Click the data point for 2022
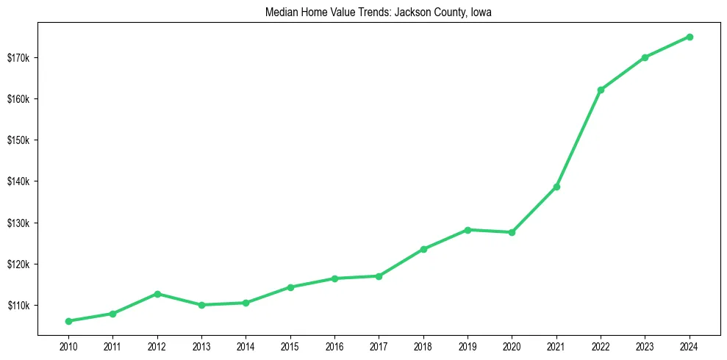[601, 90]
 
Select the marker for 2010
[68, 321]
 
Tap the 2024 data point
[690, 37]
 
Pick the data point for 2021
[556, 187]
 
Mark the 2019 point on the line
[468, 230]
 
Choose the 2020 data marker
[512, 232]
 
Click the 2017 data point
[379, 276]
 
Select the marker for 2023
[645, 57]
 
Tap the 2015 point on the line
[290, 287]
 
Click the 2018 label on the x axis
[423, 345]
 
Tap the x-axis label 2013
[201, 345]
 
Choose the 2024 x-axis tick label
[690, 345]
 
